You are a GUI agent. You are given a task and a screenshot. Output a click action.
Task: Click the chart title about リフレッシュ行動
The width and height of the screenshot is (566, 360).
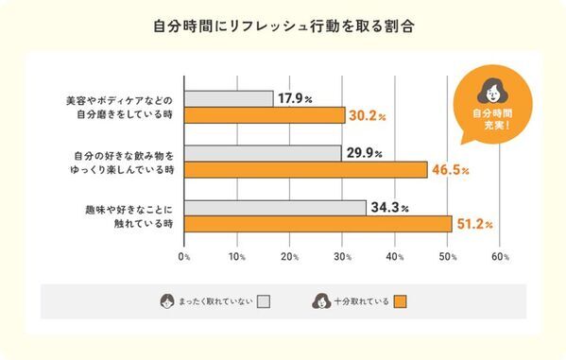pos(283,26)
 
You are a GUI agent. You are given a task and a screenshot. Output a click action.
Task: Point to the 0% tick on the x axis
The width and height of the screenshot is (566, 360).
pos(184,256)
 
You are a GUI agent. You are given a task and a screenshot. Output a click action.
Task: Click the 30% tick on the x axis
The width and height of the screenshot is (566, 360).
pos(343,256)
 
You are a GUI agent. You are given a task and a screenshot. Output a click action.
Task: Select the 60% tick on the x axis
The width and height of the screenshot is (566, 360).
pos(501,256)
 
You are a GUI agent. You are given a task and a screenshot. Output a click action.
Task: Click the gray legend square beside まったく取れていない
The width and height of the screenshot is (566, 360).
pos(264,301)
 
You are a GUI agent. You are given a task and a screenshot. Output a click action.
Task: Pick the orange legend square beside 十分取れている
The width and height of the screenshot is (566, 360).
pos(399,301)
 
